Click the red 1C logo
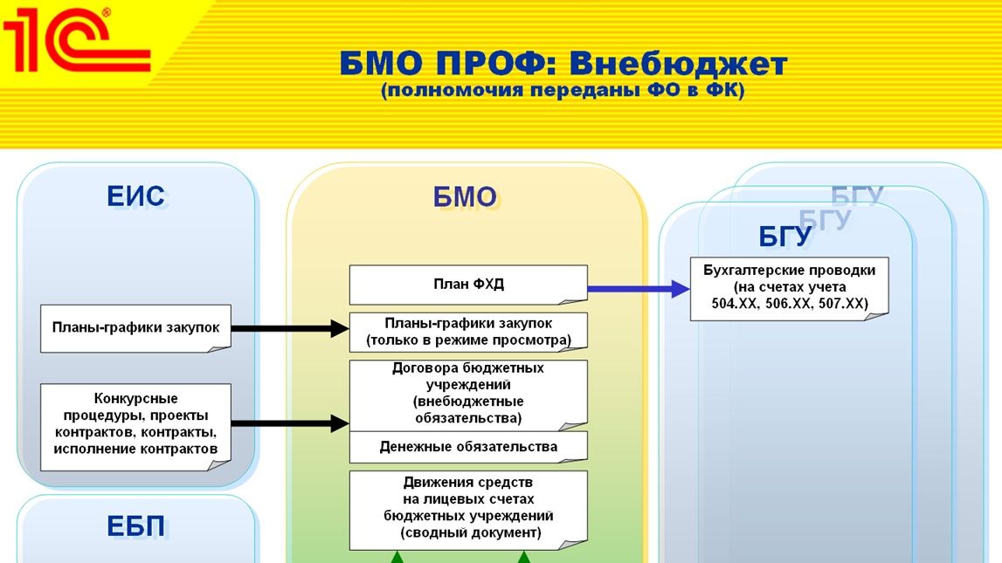pyautogui.click(x=74, y=41)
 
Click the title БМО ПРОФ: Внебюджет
pyautogui.click(x=563, y=64)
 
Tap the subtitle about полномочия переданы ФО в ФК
pyautogui.click(x=563, y=91)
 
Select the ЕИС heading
pyautogui.click(x=135, y=196)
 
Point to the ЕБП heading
pyautogui.click(x=135, y=527)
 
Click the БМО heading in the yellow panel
pyautogui.click(x=465, y=197)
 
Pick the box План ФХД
pyautogui.click(x=468, y=285)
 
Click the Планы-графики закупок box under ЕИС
pyautogui.click(x=135, y=328)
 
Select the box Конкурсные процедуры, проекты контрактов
pyautogui.click(x=135, y=424)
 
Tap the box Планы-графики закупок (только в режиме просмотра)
pyautogui.click(x=468, y=332)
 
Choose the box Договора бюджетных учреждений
pyautogui.click(x=468, y=394)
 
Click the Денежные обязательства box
pyautogui.click(x=468, y=447)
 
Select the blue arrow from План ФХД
pyautogui.click(x=638, y=287)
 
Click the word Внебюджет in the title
pyautogui.click(x=679, y=64)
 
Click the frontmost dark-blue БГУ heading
pyautogui.click(x=785, y=237)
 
